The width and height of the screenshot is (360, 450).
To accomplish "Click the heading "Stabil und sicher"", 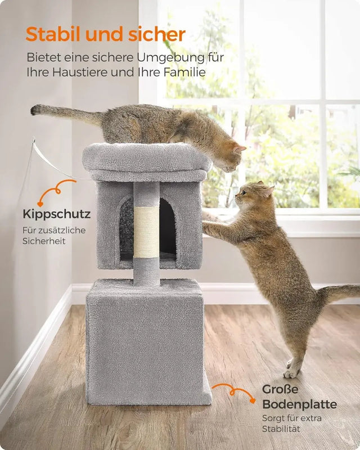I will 105,34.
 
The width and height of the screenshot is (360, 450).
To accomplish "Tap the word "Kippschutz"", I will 56,214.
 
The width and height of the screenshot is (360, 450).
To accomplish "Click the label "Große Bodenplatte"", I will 299,397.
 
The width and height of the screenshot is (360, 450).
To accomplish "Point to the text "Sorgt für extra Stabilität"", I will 291,423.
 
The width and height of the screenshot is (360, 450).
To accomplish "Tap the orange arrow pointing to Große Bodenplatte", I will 232,391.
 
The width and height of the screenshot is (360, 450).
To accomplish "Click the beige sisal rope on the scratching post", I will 146,231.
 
